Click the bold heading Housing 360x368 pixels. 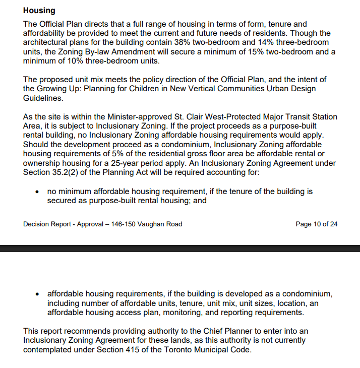tap(39, 11)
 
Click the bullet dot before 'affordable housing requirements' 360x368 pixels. tap(38, 294)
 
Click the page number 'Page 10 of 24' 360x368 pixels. tap(317, 224)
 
